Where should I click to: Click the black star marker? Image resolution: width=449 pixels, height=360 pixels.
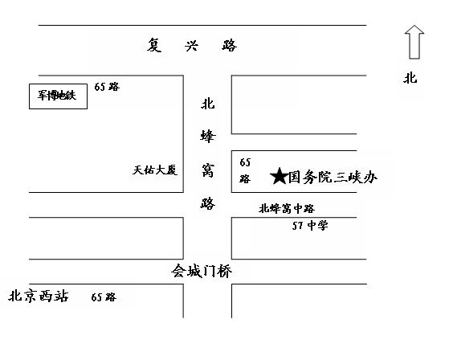[280, 176]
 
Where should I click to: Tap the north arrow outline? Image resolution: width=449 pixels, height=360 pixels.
[414, 42]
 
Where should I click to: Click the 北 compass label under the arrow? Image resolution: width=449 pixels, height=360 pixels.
[410, 78]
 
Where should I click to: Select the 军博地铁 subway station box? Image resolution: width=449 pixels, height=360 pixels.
[58, 96]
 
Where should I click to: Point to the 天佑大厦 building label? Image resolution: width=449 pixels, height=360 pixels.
[155, 170]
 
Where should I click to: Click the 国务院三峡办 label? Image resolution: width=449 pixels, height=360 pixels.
[333, 177]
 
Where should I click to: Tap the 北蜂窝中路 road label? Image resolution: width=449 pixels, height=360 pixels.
[287, 208]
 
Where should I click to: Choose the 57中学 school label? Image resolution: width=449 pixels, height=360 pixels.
[310, 225]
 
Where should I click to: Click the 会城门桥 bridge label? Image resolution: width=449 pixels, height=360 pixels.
[202, 271]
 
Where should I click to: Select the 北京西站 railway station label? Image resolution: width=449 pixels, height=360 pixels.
[39, 296]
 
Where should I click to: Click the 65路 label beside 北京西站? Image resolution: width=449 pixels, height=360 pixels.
[104, 297]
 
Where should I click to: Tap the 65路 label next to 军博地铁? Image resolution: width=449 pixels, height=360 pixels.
[107, 87]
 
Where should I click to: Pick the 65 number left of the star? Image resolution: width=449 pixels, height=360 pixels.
[245, 162]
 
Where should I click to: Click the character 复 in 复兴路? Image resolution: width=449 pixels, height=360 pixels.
[154, 45]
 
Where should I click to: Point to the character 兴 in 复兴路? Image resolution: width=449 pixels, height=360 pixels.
[191, 46]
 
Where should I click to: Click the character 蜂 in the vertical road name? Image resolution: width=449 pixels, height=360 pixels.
[207, 137]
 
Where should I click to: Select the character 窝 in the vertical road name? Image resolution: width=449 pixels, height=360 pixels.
[207, 170]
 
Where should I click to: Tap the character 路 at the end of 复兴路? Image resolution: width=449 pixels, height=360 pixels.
[230, 45]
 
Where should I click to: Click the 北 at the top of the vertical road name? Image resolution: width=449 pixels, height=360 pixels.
[207, 104]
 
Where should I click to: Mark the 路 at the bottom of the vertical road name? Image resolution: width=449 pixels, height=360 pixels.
[207, 203]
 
